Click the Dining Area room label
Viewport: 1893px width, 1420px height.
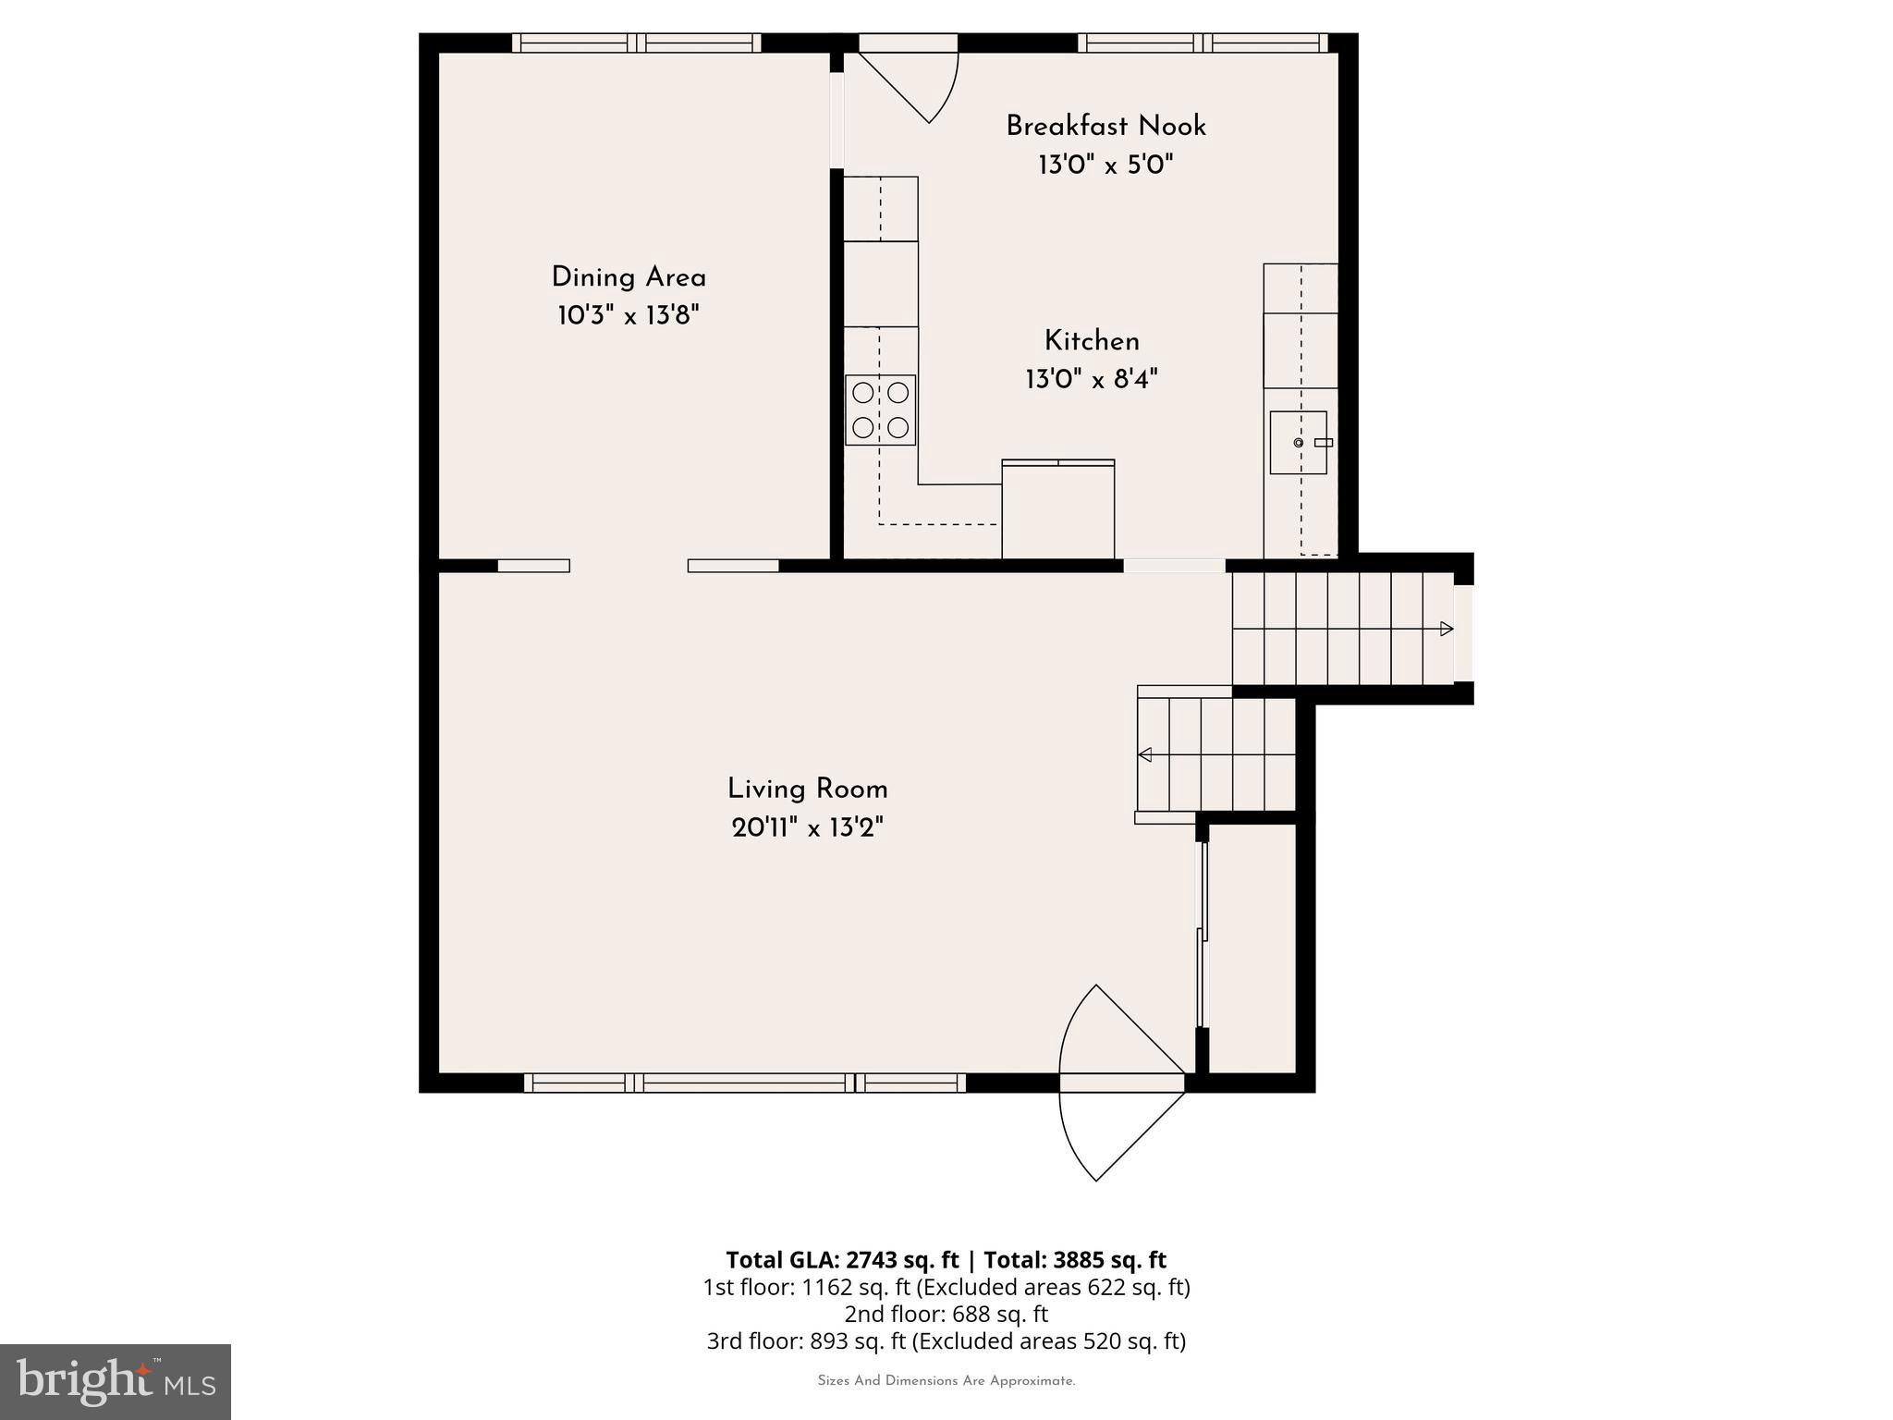(x=629, y=277)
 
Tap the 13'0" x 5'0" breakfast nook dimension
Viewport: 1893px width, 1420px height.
(x=1105, y=165)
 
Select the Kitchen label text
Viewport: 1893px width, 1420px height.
(x=1092, y=341)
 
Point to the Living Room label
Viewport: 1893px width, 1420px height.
(x=807, y=790)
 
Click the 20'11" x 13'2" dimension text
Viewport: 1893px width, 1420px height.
(x=807, y=828)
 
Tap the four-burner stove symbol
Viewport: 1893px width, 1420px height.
(x=880, y=410)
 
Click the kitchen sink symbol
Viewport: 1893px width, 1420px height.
(x=1298, y=443)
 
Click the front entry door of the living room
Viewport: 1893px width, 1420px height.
(x=1120, y=1082)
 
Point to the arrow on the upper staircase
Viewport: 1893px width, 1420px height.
(x=1446, y=630)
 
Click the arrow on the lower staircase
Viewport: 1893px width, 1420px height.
(x=1145, y=755)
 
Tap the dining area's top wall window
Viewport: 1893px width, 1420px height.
(x=637, y=43)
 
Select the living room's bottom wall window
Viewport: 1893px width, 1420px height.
(x=744, y=1083)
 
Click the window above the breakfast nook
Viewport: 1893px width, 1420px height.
(x=1202, y=43)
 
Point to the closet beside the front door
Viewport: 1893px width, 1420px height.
(x=1252, y=948)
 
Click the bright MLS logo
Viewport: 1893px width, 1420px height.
(x=116, y=1382)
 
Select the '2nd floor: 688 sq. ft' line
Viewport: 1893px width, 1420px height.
(x=946, y=1314)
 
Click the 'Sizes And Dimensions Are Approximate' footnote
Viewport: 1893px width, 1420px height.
(x=946, y=1381)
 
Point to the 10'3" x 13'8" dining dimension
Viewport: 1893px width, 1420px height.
(x=629, y=316)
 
